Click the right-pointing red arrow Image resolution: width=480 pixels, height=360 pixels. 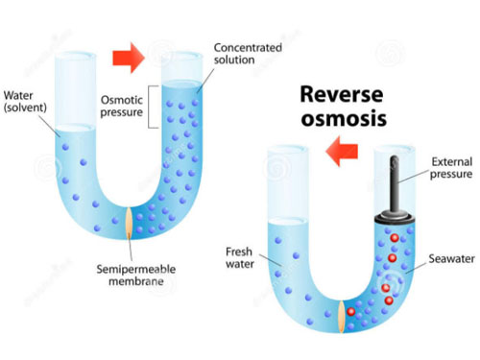click(129, 58)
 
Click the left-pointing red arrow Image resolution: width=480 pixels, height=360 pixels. click(342, 151)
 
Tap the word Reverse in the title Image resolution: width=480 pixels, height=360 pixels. click(342, 95)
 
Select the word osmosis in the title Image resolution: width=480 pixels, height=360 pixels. click(344, 119)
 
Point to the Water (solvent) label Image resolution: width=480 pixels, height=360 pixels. click(25, 102)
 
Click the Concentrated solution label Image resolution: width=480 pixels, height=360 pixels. click(248, 54)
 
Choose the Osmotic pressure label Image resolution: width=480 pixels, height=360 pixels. click(122, 107)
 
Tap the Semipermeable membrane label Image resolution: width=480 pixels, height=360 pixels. click(136, 276)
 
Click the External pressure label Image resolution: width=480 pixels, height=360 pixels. click(451, 168)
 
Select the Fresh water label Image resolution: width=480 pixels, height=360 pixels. click(240, 258)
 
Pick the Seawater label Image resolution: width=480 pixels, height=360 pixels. click(451, 258)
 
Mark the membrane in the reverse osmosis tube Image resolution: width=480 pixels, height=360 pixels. click(342, 317)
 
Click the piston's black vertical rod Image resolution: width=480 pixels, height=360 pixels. click(395, 183)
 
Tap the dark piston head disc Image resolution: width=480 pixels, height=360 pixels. click(395, 218)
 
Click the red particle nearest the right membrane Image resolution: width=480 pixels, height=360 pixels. click(351, 312)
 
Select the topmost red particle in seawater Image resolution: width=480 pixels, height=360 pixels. click(395, 238)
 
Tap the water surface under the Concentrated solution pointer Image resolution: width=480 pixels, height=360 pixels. click(181, 84)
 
